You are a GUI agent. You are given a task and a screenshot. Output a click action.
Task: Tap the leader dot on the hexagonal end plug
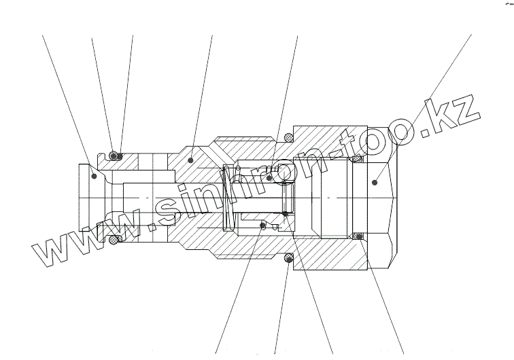click(x=376, y=182)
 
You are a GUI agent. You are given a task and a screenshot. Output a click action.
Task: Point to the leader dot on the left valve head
click(x=92, y=175)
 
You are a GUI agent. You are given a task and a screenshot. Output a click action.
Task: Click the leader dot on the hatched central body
click(x=191, y=161)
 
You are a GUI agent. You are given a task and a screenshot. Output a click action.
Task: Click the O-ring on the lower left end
click(x=114, y=240)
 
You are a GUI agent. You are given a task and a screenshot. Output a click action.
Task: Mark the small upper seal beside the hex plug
click(x=356, y=160)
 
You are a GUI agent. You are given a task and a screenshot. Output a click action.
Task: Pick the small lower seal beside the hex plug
click(x=356, y=236)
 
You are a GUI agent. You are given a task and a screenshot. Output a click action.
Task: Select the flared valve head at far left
click(x=88, y=197)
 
